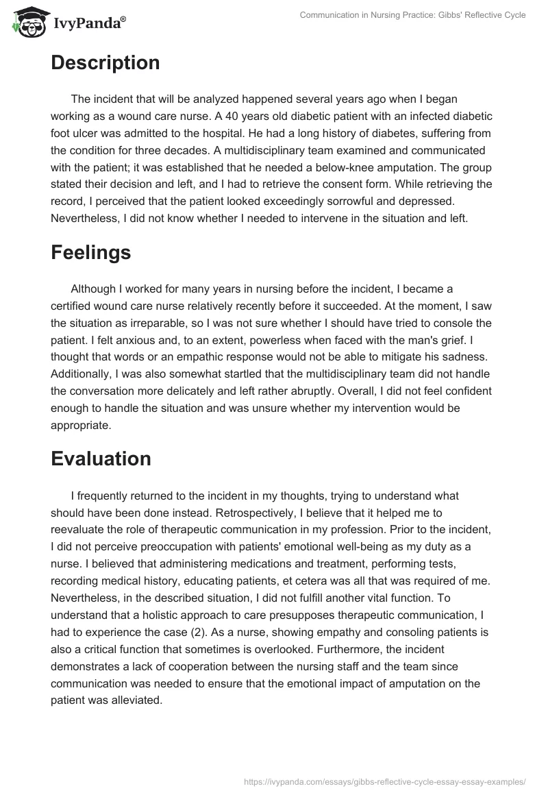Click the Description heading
click(x=105, y=62)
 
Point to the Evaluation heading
click(x=101, y=458)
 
